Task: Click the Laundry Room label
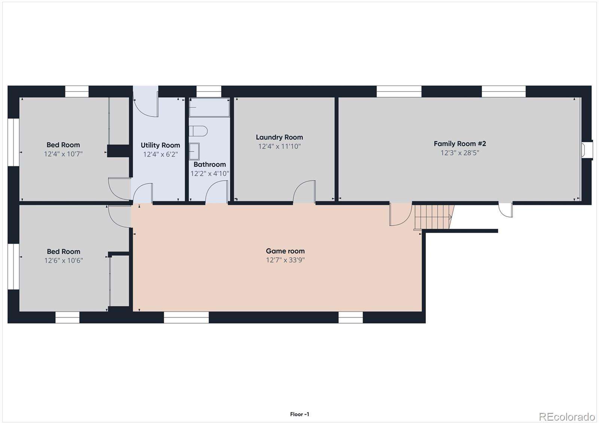click(x=279, y=137)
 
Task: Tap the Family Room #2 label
click(x=460, y=144)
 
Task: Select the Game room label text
click(x=285, y=251)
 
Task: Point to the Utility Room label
click(x=160, y=145)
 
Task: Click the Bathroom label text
click(x=210, y=164)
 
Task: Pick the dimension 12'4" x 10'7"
click(x=63, y=154)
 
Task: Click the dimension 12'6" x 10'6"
click(x=64, y=261)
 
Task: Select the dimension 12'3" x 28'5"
click(x=460, y=153)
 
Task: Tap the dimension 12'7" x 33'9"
click(x=285, y=260)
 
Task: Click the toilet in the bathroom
click(x=198, y=131)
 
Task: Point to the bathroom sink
click(x=194, y=151)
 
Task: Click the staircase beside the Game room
click(x=434, y=217)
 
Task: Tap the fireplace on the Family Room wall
click(x=587, y=150)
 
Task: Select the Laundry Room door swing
click(x=304, y=192)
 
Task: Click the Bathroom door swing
click(x=217, y=192)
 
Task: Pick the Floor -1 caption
click(x=299, y=414)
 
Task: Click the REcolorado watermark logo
click(x=566, y=417)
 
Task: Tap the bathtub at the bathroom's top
click(x=209, y=108)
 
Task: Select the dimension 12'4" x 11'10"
click(x=279, y=147)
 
